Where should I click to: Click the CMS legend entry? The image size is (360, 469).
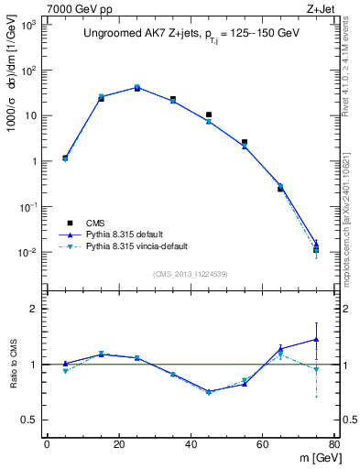pos(96,223)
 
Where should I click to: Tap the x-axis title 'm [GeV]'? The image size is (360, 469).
pos(313,458)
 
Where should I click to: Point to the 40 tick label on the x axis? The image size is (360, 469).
pos(191,444)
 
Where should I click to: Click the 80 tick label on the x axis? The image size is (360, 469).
pos(334,444)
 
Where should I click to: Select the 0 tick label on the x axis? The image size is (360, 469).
pos(47,444)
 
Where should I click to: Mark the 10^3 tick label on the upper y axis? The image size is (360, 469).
pos(27,25)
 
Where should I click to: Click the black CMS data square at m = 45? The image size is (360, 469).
pos(209,115)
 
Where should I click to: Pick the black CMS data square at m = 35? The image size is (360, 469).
pos(173,99)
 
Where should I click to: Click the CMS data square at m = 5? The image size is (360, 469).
pos(65,158)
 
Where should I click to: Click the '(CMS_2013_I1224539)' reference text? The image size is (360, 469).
pos(191,273)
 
